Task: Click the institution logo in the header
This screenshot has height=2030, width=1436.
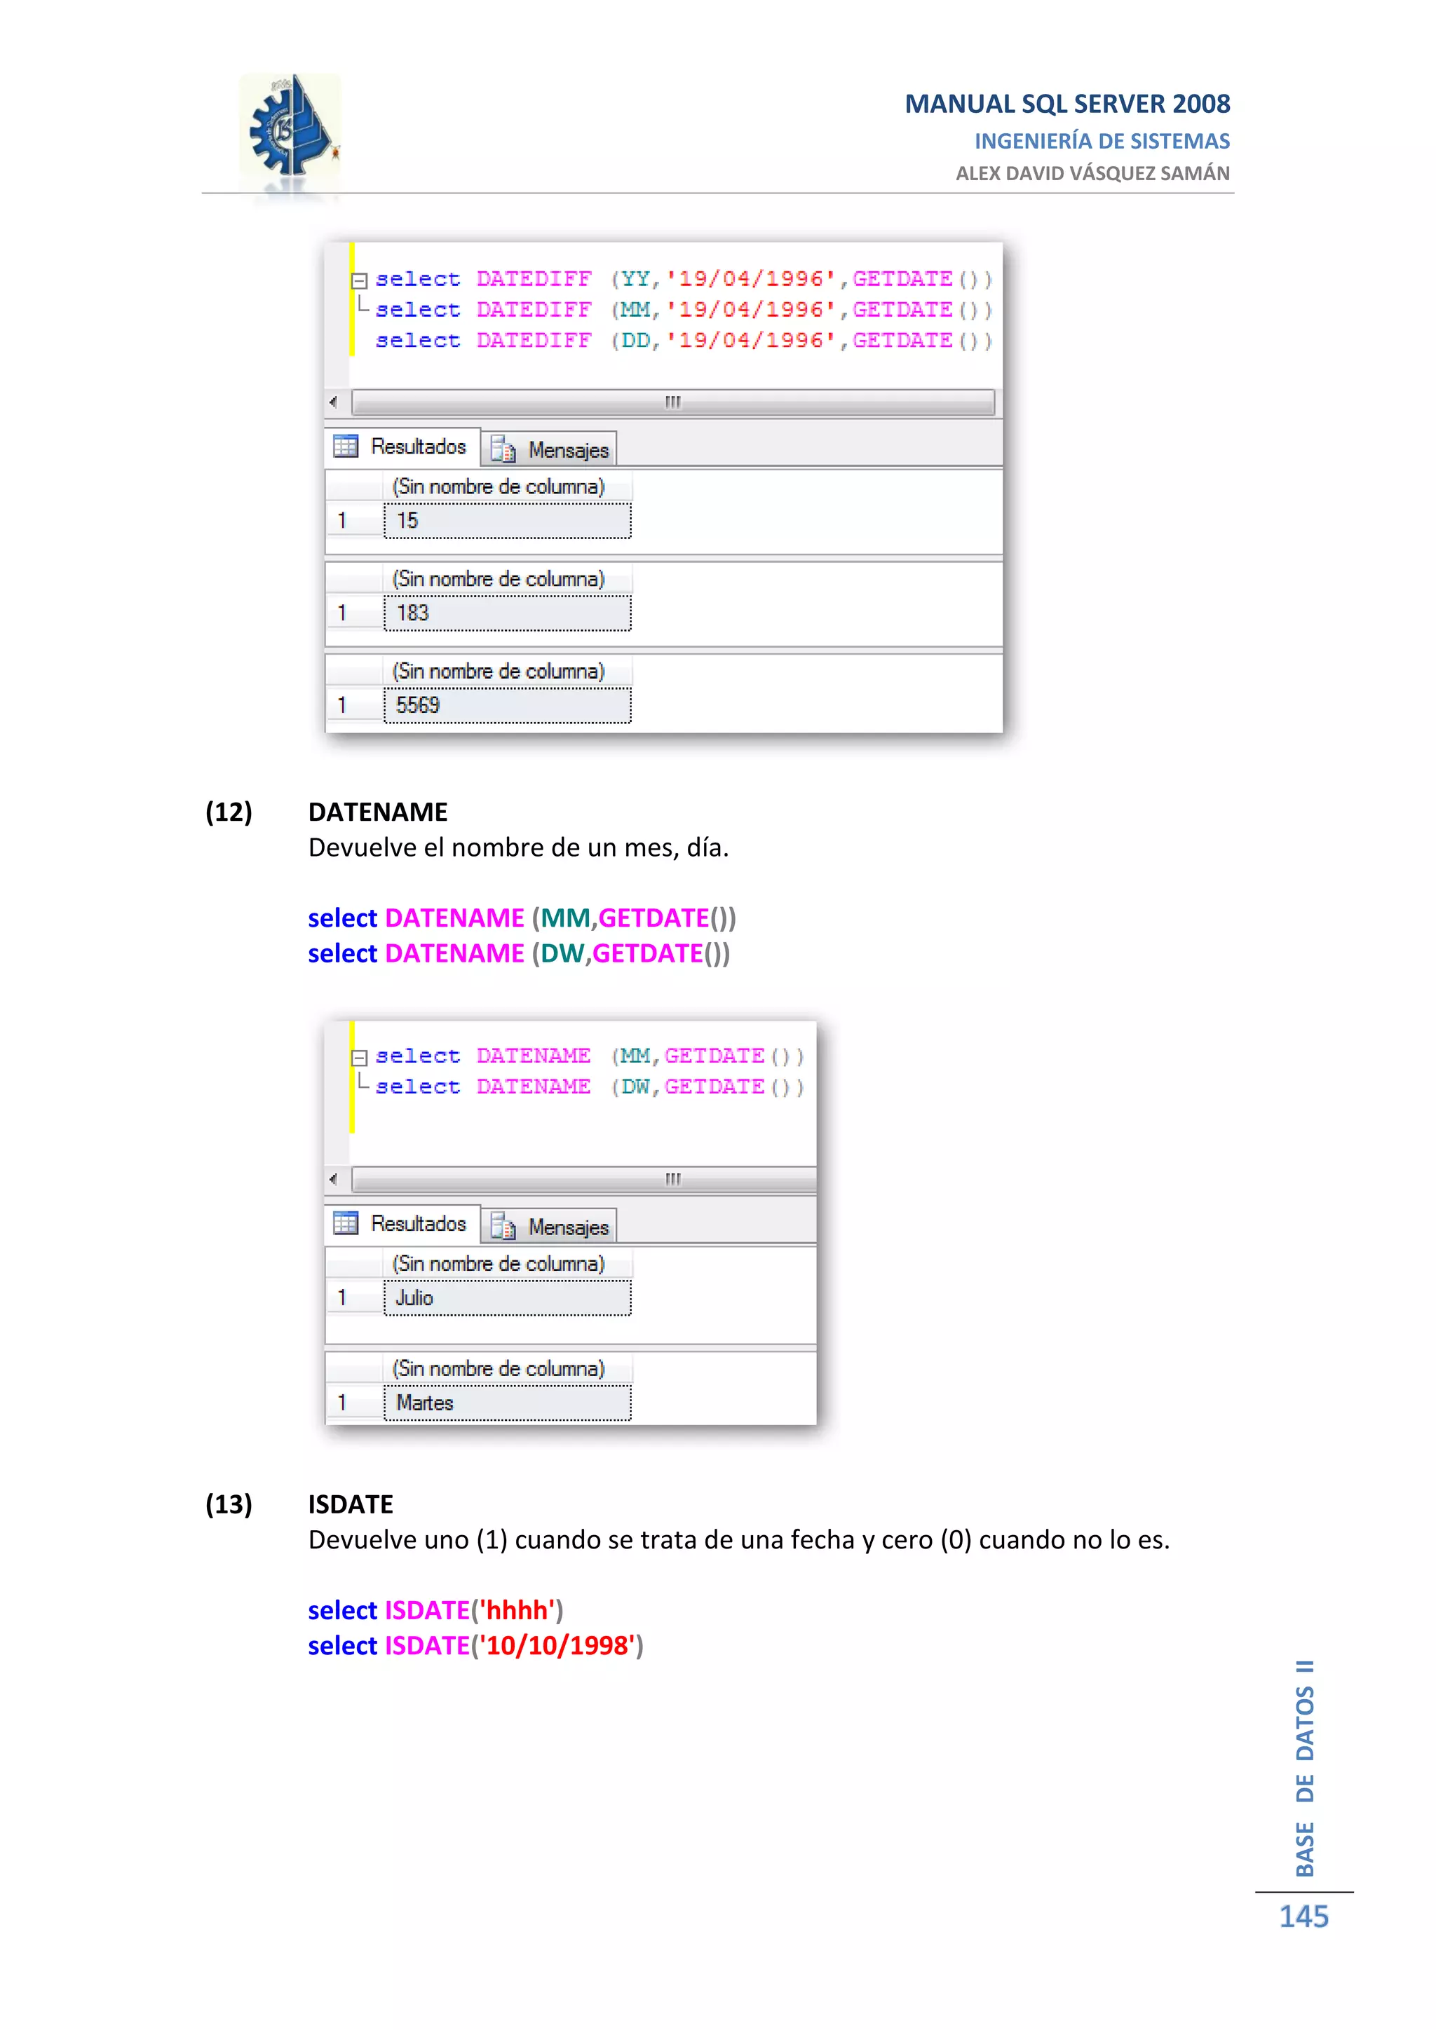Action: [x=291, y=132]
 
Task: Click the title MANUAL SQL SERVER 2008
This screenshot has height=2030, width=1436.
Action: [x=1066, y=104]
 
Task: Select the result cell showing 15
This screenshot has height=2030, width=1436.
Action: [x=507, y=521]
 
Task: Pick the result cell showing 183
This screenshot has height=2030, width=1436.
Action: [x=507, y=613]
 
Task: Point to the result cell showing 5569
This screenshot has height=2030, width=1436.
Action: [x=507, y=706]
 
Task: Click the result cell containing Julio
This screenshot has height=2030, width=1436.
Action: [x=507, y=1298]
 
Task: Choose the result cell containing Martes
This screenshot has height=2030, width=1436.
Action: [x=507, y=1403]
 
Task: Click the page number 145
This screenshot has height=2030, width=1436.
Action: [x=1303, y=1917]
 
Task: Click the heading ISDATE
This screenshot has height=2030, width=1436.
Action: [x=350, y=1504]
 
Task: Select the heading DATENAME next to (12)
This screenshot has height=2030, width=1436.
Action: [x=377, y=812]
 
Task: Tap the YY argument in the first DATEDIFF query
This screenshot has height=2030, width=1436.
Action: [x=635, y=280]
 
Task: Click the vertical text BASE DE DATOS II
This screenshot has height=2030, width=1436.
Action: [x=1305, y=1769]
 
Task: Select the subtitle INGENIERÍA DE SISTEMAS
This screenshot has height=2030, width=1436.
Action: [x=1102, y=142]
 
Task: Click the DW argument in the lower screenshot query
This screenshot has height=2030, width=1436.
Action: [x=635, y=1086]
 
